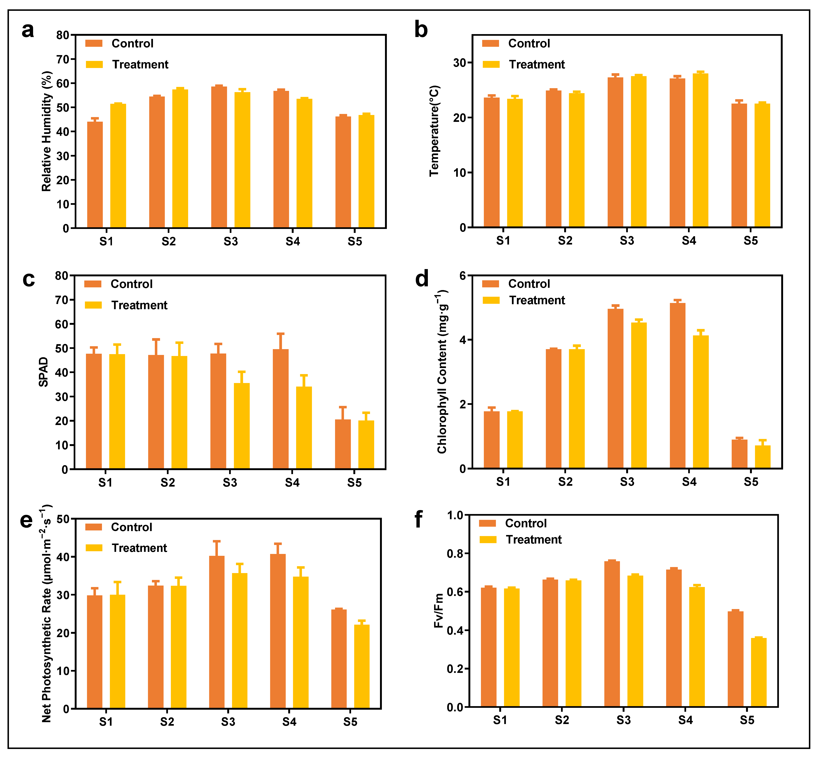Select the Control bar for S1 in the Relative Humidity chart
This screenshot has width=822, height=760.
click(95, 175)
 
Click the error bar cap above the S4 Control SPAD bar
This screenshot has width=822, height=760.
click(281, 334)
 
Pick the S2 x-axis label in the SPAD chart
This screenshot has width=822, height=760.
click(168, 482)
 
